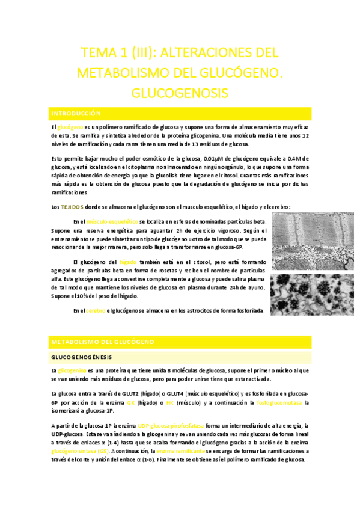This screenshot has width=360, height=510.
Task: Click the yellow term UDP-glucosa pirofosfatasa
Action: pyautogui.click(x=171, y=426)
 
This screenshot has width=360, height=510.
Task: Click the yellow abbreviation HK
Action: pyautogui.click(x=169, y=402)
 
